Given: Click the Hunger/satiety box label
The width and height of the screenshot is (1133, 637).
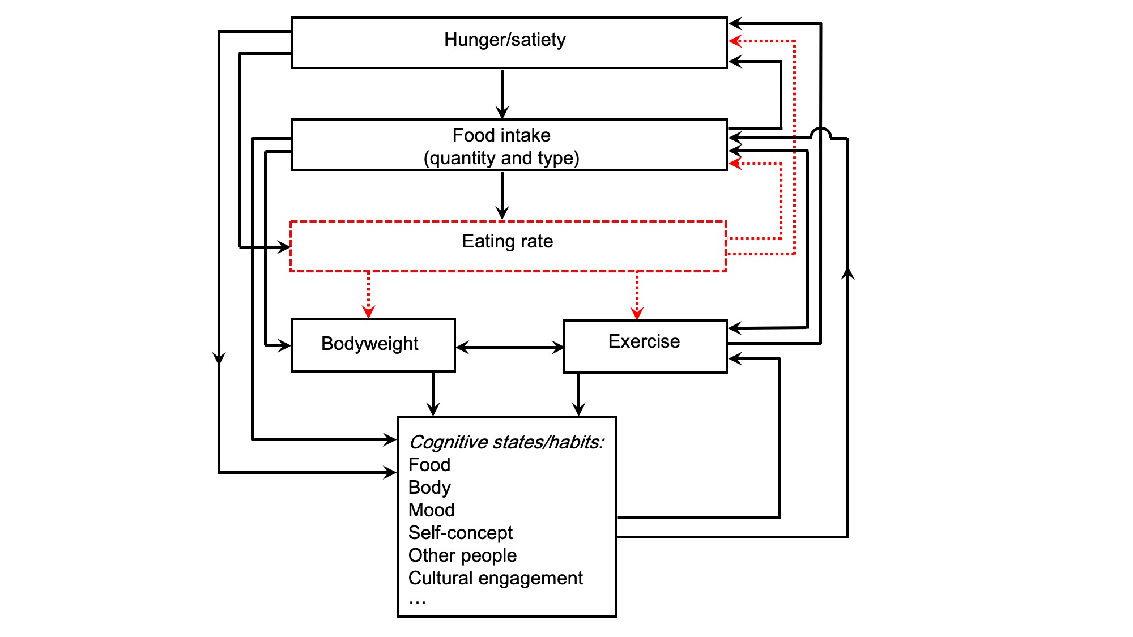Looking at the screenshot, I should pyautogui.click(x=505, y=40).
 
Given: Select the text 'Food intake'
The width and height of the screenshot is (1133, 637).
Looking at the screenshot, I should pyautogui.click(x=501, y=135).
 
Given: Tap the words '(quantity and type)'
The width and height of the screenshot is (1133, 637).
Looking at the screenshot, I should pyautogui.click(x=501, y=158).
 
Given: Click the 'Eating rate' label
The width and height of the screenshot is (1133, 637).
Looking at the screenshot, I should pyautogui.click(x=507, y=241).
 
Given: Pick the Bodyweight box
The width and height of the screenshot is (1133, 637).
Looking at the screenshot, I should pyautogui.click(x=373, y=344).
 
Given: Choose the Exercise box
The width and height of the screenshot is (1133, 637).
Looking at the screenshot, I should pyautogui.click(x=645, y=345).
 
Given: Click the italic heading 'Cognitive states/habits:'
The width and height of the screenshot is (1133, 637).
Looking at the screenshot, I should pyautogui.click(x=506, y=442).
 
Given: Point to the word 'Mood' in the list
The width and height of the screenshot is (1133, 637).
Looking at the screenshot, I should pyautogui.click(x=431, y=510).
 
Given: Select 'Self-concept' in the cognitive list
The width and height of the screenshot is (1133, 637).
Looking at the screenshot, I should pyautogui.click(x=460, y=533).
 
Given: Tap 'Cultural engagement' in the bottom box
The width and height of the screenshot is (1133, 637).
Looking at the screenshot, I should pyautogui.click(x=495, y=578).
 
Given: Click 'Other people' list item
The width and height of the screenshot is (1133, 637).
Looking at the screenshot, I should pyautogui.click(x=462, y=555).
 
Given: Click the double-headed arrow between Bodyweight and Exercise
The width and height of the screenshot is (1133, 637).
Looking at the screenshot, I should pyautogui.click(x=509, y=348).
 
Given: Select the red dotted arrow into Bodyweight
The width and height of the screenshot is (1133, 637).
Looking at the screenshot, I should pyautogui.click(x=369, y=294).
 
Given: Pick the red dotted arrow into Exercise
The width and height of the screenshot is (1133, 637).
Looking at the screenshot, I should pyautogui.click(x=637, y=296).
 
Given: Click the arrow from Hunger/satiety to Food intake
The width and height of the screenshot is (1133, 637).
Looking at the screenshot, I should pyautogui.click(x=502, y=93).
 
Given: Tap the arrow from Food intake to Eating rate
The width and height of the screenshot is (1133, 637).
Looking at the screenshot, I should pyautogui.click(x=502, y=195).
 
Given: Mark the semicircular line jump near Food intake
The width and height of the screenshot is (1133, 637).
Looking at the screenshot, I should pyautogui.click(x=820, y=133).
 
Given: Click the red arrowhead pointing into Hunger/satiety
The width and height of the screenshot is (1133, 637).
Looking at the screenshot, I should pyautogui.click(x=735, y=41).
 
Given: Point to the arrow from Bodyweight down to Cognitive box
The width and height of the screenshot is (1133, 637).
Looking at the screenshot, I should pyautogui.click(x=433, y=394).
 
